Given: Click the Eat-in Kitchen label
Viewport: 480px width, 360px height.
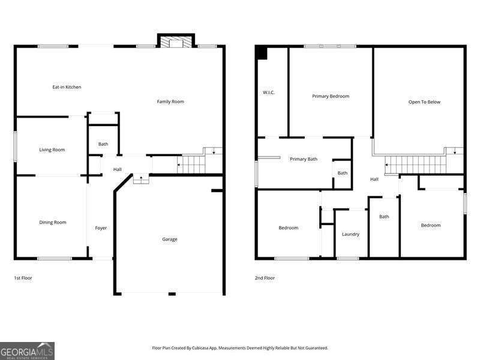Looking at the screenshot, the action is [67, 87].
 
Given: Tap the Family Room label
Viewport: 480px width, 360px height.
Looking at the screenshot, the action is [170, 101].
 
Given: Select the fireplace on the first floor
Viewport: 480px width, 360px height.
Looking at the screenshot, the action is [176, 41].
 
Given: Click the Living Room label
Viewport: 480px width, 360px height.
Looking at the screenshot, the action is [52, 149].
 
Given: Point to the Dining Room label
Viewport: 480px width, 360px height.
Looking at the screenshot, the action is [53, 222].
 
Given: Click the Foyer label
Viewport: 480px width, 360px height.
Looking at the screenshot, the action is [101, 228].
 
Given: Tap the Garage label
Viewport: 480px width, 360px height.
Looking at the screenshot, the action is [170, 239].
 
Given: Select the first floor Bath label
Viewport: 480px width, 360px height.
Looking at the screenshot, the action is [103, 144].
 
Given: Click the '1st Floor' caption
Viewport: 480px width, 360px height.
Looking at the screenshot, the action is [23, 278].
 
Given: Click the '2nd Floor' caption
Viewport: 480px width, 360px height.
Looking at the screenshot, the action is [265, 278].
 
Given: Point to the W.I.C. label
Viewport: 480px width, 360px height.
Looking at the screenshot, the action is [269, 92].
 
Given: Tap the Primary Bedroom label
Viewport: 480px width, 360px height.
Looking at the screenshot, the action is [331, 96].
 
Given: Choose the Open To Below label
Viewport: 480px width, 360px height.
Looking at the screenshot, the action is [424, 102].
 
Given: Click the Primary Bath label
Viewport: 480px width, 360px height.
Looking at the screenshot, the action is [304, 159].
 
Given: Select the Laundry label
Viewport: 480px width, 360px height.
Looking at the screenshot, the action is [350, 234].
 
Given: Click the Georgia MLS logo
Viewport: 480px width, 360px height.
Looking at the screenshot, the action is [27, 351].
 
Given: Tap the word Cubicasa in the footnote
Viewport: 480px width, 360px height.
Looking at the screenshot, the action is [200, 348].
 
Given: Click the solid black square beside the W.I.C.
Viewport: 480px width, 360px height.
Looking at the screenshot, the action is [262, 53].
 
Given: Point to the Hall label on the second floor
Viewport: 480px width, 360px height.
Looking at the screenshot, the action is [374, 179].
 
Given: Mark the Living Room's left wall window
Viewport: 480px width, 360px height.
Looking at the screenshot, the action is [15, 146].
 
